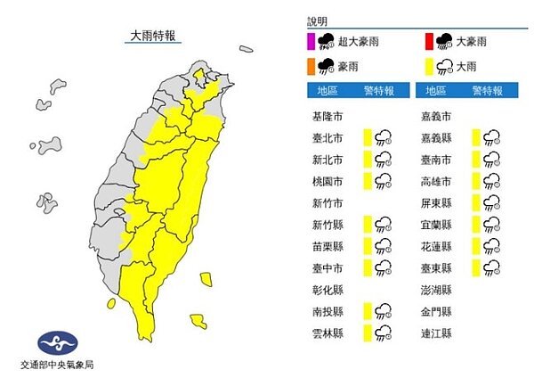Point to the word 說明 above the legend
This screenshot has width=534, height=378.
click(x=317, y=19)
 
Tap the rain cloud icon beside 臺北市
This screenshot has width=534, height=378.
click(x=384, y=137)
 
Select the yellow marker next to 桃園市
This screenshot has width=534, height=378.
click(x=367, y=180)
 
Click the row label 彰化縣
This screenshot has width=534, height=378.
click(x=328, y=290)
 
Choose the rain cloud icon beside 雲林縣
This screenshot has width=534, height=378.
click(x=384, y=333)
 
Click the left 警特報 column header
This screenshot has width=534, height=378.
click(x=379, y=91)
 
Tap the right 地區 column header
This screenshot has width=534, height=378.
click(x=436, y=91)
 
